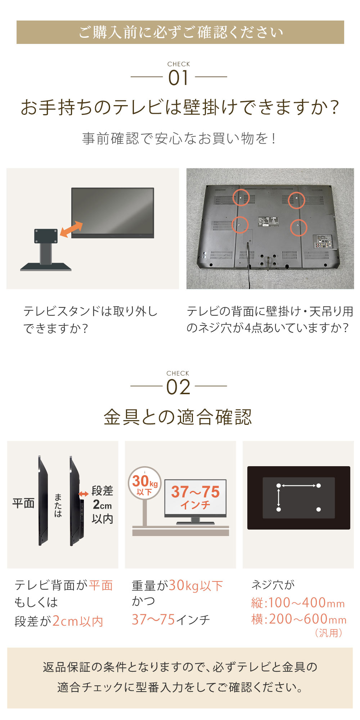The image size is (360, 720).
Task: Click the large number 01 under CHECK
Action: click(179, 78)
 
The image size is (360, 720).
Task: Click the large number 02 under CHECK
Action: click(178, 387)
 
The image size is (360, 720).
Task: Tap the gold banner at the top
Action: click(180, 32)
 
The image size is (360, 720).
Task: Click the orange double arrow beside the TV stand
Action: click(71, 229)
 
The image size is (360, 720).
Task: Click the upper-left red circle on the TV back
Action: click(241, 197)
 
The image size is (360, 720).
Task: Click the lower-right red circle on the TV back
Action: click(298, 227)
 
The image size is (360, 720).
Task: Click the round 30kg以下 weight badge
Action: click(145, 483)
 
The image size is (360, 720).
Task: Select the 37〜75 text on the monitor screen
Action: click(195, 492)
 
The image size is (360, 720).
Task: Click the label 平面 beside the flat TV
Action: click(23, 503)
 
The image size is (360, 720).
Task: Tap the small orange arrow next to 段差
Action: click(84, 494)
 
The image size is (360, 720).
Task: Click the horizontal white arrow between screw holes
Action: click(298, 486)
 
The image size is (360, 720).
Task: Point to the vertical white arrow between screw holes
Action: click(279, 498)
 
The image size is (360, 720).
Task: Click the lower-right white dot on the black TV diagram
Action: click(318, 509)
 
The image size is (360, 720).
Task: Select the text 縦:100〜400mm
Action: click(298, 603)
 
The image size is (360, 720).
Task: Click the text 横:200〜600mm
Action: click(298, 619)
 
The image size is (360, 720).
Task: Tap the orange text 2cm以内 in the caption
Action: click(78, 621)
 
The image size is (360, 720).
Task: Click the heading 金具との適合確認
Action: click(177, 417)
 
